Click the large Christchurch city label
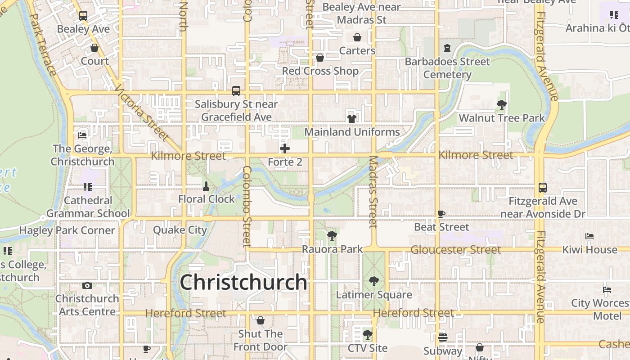(243, 283)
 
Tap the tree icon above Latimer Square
(373, 282)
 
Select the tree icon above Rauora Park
(332, 235)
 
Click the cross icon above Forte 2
(285, 148)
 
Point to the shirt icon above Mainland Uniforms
(352, 118)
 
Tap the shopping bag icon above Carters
(357, 37)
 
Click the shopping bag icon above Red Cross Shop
(320, 58)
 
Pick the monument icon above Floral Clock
(206, 186)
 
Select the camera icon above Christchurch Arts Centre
(87, 285)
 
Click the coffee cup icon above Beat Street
(441, 214)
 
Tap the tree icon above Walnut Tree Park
(501, 105)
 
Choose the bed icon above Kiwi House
(589, 236)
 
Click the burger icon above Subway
(443, 337)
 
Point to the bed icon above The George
(82, 135)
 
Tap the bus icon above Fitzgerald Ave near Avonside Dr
(543, 188)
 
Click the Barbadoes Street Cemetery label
(447, 68)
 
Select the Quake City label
(180, 230)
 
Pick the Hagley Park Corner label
(67, 230)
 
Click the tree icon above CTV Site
(368, 334)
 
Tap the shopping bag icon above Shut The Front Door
(260, 320)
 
